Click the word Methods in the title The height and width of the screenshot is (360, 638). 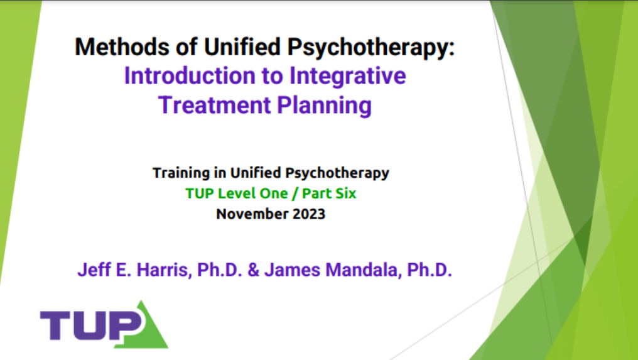122,46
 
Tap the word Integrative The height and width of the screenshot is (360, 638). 347,77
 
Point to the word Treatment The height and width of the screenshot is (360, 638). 214,105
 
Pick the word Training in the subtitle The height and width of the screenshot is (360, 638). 181,173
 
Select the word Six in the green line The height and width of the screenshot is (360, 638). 346,194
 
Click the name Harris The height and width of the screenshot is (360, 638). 164,270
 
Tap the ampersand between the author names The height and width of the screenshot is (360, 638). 254,270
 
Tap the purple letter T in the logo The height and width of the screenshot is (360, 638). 56,325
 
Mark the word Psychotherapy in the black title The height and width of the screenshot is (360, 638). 370,47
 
